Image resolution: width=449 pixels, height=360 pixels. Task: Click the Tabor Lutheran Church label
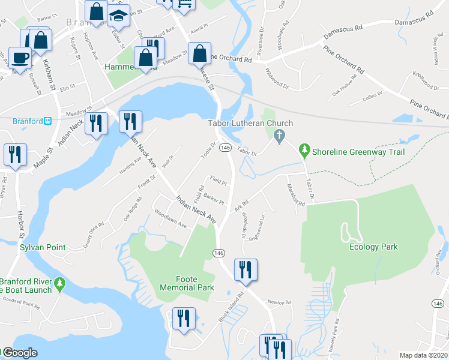click(250, 124)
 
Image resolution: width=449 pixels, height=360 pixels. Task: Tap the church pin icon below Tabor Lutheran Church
click(279, 137)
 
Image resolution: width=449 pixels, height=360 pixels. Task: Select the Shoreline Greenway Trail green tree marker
click(304, 149)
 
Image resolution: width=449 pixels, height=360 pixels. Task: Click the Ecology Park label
click(373, 247)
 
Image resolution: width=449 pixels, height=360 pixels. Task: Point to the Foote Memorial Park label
click(187, 283)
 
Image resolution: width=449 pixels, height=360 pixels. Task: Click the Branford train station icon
click(47, 121)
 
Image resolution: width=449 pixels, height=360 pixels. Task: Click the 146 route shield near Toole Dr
click(225, 147)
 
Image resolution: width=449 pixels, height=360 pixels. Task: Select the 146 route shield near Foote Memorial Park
click(218, 254)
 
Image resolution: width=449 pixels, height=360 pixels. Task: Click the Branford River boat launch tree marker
click(59, 284)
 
